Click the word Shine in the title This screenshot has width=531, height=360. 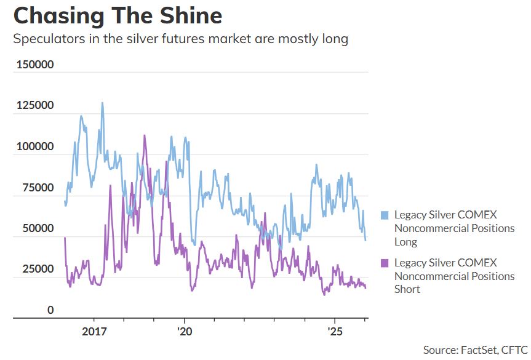click(x=191, y=15)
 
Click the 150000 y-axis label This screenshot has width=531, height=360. click(x=35, y=65)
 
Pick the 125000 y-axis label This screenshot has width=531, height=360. click(x=35, y=105)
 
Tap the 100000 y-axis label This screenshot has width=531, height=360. click(x=35, y=146)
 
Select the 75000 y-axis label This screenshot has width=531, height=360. click(x=38, y=187)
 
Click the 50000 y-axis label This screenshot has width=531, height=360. click(x=38, y=228)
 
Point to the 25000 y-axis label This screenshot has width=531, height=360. click(x=38, y=269)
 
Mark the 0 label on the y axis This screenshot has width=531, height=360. click(x=50, y=310)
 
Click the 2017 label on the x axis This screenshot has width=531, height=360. click(x=94, y=331)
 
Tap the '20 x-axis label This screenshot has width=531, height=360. click(x=185, y=331)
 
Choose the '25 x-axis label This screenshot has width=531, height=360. click(x=335, y=331)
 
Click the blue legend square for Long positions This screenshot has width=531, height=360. click(x=385, y=215)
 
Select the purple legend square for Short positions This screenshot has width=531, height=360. click(x=385, y=263)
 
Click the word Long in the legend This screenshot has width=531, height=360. click(x=405, y=242)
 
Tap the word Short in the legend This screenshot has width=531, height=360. click(x=407, y=289)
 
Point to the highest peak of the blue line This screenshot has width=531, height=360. click(x=102, y=103)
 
